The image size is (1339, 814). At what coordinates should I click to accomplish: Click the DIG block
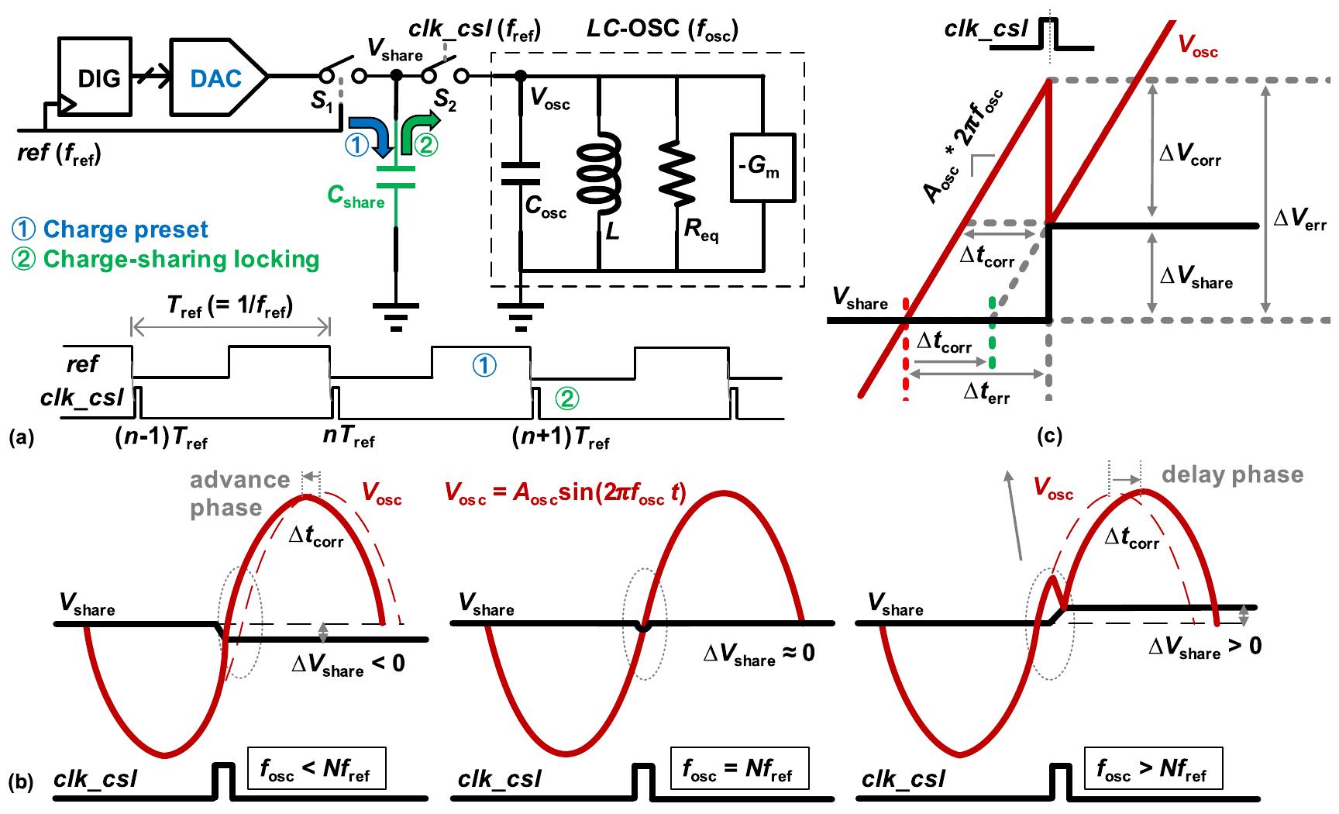click(x=99, y=78)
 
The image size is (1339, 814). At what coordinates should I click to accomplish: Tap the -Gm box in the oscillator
click(x=763, y=168)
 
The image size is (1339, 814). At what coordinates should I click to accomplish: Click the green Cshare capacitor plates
click(x=396, y=176)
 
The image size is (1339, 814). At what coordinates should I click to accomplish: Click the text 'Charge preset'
click(x=126, y=229)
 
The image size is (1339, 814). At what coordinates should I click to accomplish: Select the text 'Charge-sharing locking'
click(x=181, y=258)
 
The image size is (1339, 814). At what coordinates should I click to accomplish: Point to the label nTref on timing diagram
click(x=348, y=439)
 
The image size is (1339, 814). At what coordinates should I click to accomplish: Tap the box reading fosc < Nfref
click(x=315, y=767)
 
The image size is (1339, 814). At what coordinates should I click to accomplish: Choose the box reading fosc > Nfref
click(x=1152, y=767)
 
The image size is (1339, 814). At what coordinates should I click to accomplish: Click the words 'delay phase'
click(x=1231, y=474)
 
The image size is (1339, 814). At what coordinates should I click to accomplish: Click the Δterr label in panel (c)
click(x=986, y=392)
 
